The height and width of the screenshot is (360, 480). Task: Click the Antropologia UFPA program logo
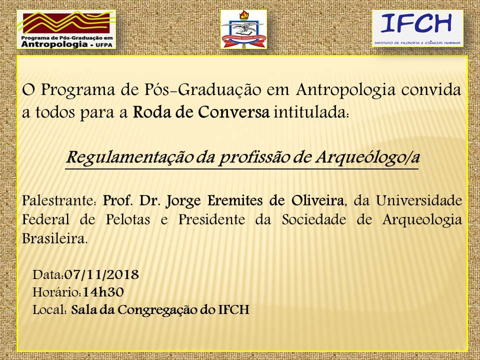66,29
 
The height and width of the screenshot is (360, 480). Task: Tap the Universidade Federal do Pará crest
243,29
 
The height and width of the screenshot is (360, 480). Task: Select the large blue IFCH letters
416,23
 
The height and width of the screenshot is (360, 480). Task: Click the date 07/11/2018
101,274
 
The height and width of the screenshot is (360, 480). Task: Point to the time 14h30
103,292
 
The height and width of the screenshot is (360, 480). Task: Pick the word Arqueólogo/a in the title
367,158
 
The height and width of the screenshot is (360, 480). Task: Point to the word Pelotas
128,219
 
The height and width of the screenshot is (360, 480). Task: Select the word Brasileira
55,238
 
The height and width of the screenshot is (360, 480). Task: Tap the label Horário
57,292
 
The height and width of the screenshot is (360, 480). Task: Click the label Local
50,310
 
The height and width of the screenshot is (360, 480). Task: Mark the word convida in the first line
431,90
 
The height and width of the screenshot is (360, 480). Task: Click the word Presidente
211,219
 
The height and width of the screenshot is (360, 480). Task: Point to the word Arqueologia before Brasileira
422,220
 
